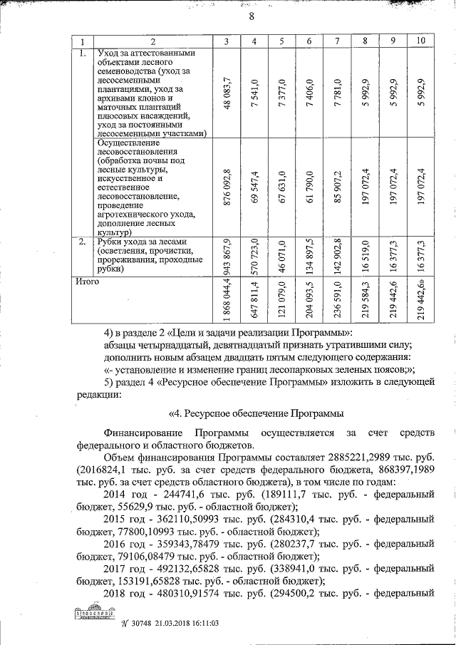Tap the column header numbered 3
(x=227, y=41)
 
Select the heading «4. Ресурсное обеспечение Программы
(x=256, y=413)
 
